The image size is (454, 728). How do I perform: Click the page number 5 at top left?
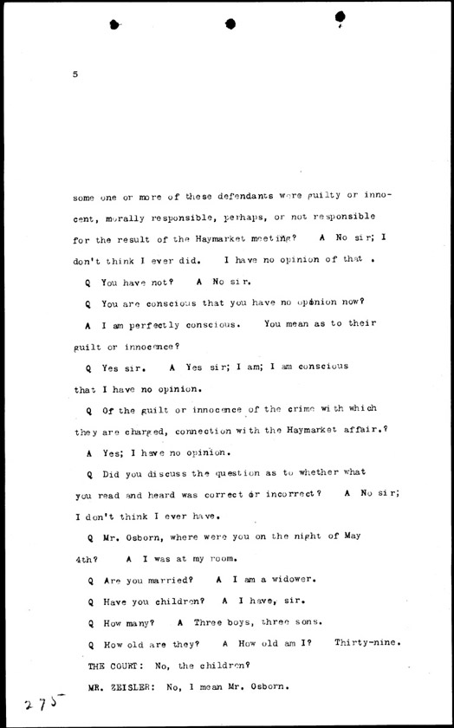(76, 75)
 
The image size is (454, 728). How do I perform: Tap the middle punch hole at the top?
(230, 24)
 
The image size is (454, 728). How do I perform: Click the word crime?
(308, 408)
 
